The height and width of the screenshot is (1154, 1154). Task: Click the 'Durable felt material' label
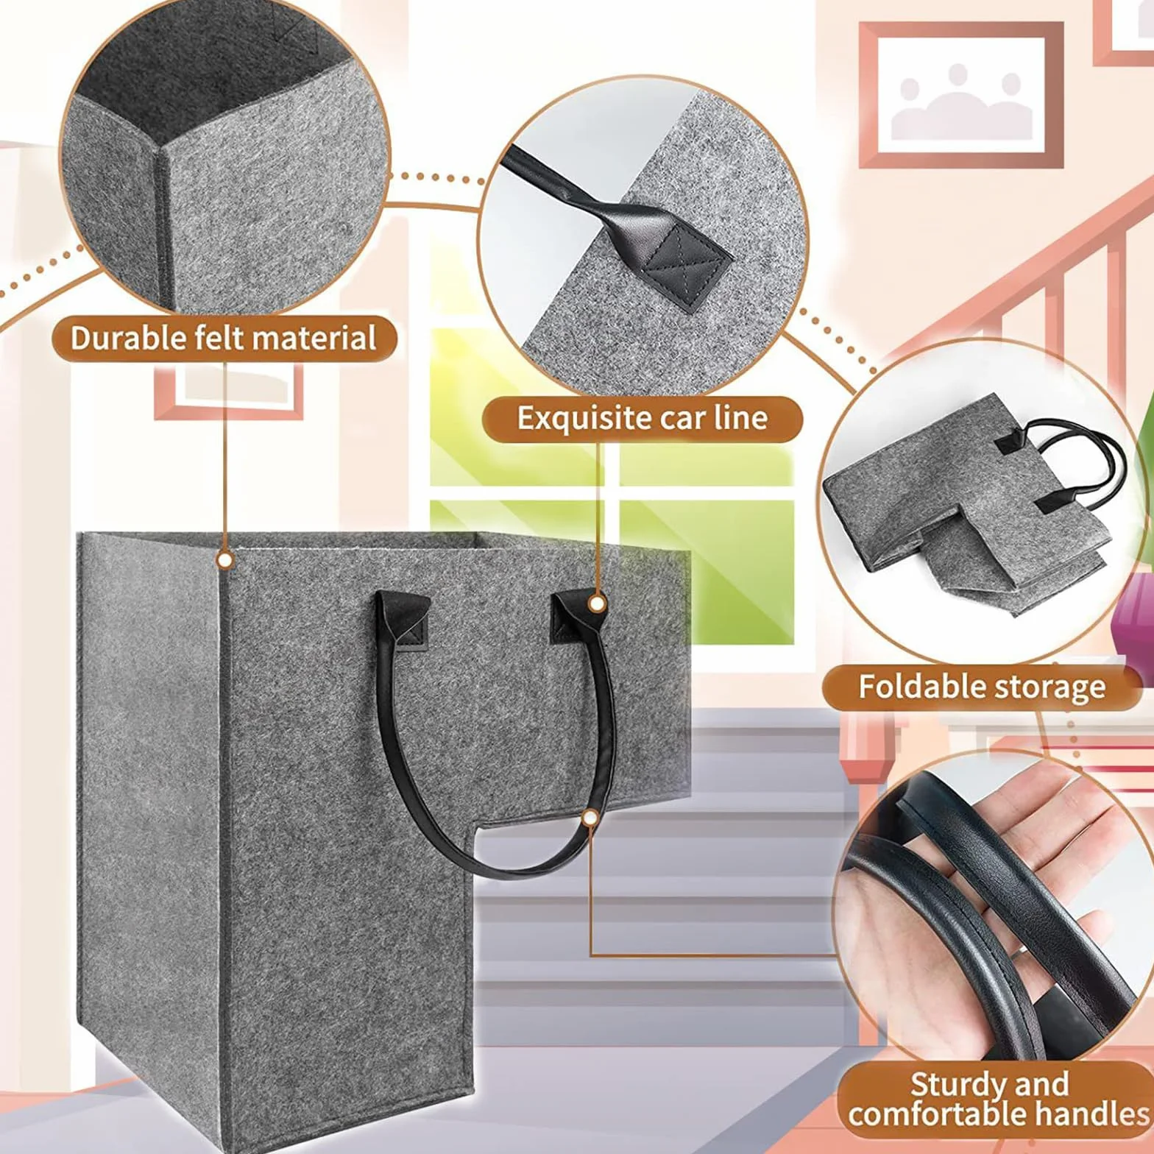[x=224, y=339]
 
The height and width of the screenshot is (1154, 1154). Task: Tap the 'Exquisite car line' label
[x=642, y=418]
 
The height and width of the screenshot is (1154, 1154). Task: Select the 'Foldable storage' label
[x=982, y=687]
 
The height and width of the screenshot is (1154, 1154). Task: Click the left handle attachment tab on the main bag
[x=403, y=620]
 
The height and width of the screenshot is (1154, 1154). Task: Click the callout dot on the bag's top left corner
[x=225, y=561]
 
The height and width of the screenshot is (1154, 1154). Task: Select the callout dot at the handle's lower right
[x=590, y=817]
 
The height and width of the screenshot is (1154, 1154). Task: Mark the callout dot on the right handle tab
[x=598, y=604]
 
